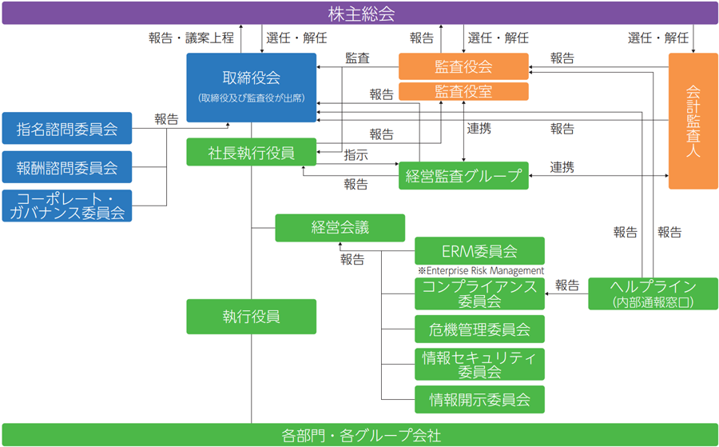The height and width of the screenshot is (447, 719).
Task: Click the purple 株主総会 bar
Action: point(359,14)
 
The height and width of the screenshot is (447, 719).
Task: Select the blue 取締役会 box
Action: point(252,87)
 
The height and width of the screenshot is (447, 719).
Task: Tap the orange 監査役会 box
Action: point(463,66)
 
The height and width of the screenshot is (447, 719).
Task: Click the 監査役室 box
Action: point(463,91)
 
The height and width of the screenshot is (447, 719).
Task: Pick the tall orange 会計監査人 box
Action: point(693,120)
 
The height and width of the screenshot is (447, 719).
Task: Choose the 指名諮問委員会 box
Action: point(67,128)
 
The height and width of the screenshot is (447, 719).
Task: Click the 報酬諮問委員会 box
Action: point(67,167)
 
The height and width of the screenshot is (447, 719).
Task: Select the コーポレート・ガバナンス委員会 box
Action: point(67,206)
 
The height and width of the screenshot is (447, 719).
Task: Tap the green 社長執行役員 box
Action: point(252,152)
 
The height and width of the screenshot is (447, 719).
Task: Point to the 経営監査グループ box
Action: point(463,176)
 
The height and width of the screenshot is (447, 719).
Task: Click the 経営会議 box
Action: point(340,227)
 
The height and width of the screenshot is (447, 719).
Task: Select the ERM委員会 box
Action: point(479,250)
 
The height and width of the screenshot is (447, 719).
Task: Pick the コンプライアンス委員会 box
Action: point(479,294)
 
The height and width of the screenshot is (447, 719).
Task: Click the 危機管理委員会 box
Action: point(479,329)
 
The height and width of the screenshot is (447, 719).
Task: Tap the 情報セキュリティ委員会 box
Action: point(479,364)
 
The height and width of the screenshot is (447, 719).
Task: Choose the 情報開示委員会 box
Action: point(479,398)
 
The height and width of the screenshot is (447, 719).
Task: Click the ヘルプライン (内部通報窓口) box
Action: point(653,293)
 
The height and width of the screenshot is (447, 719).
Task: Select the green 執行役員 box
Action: point(252,316)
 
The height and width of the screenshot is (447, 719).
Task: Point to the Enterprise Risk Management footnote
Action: point(480,271)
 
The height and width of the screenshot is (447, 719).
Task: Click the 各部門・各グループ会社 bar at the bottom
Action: point(359,435)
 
